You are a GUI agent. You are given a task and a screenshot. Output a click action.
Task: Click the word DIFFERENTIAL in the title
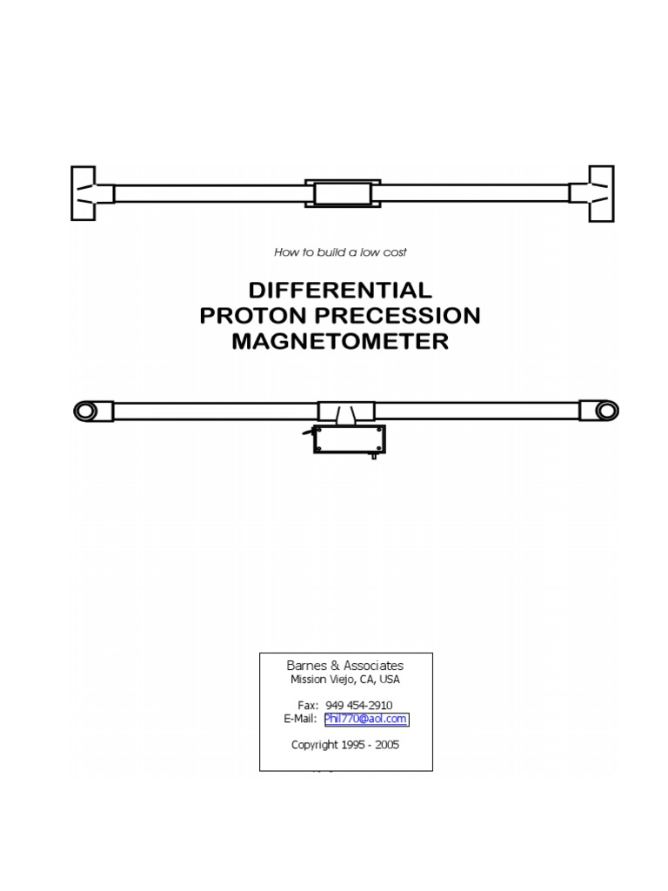click(340, 290)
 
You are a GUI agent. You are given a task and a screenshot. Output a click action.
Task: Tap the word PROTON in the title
click(252, 315)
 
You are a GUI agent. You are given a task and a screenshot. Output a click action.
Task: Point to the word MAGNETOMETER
click(340, 341)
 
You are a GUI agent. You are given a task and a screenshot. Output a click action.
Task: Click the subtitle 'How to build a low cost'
click(340, 252)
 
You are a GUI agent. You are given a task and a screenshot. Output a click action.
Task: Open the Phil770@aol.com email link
click(365, 719)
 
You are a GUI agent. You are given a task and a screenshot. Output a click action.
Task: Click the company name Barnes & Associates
click(345, 666)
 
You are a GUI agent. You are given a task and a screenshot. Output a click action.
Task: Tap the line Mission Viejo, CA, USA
click(345, 680)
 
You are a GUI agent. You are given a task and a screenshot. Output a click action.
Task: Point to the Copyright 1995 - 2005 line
click(345, 745)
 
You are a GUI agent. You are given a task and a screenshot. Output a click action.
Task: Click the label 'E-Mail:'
click(300, 719)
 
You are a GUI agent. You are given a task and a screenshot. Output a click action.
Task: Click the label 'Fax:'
click(307, 705)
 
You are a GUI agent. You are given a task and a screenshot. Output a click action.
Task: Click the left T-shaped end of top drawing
click(85, 192)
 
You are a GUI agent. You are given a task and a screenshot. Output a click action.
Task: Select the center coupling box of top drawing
click(342, 192)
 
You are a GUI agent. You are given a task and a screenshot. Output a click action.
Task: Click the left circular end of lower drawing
click(86, 411)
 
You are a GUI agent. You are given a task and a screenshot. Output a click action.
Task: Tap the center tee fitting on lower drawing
click(345, 412)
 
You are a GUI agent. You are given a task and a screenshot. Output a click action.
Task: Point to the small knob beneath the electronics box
click(374, 455)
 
